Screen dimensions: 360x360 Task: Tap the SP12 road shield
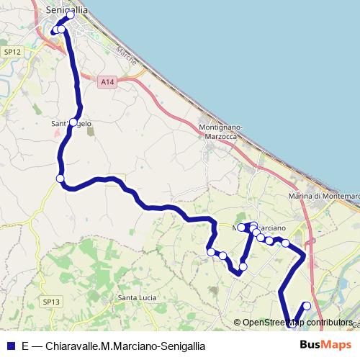coord(10,53)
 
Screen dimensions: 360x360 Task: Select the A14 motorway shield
coord(107,83)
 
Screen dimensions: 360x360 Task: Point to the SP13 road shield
coord(50,302)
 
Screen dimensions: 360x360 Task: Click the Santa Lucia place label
coord(137,298)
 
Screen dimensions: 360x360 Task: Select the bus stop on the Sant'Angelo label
coord(73,123)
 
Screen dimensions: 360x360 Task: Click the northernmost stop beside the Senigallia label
coord(71,15)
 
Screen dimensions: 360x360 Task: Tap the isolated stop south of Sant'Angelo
coord(60,179)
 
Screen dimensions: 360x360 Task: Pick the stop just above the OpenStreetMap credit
coord(307,305)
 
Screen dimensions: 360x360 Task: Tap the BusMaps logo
coord(324,345)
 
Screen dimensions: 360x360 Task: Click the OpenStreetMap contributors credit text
coord(297,323)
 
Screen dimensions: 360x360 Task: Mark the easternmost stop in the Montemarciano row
coord(285,243)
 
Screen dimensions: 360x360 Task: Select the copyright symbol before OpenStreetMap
coord(238,323)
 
